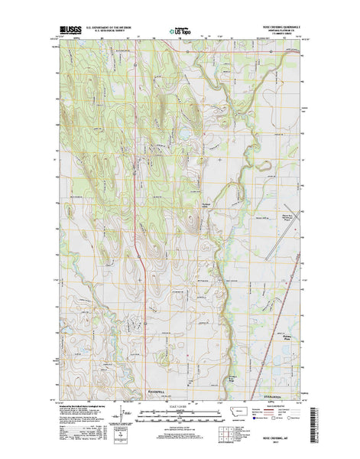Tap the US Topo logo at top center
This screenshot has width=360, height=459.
pyautogui.click(x=180, y=32)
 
